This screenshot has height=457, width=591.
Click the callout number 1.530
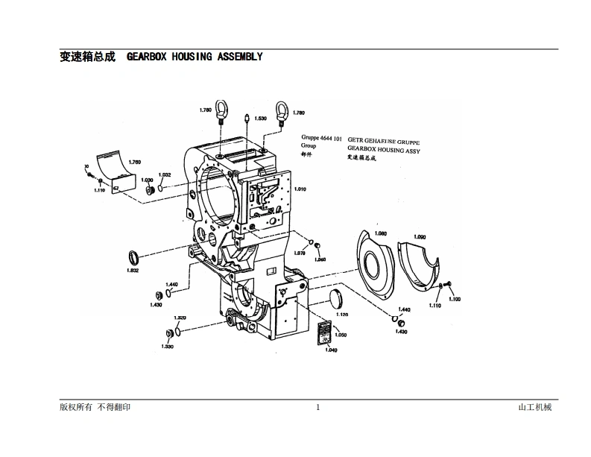261,119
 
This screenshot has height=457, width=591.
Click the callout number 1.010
300,189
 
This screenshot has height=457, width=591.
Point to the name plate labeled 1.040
326,332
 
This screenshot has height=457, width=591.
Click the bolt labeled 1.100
446,288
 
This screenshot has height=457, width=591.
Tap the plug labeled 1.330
168,333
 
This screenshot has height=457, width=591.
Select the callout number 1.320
180,318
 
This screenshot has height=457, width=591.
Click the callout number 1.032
165,174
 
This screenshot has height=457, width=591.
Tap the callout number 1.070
300,253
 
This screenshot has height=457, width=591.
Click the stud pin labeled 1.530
247,118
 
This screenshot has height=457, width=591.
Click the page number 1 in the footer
317,407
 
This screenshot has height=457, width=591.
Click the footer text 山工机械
534,407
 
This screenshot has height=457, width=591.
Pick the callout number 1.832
133,271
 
